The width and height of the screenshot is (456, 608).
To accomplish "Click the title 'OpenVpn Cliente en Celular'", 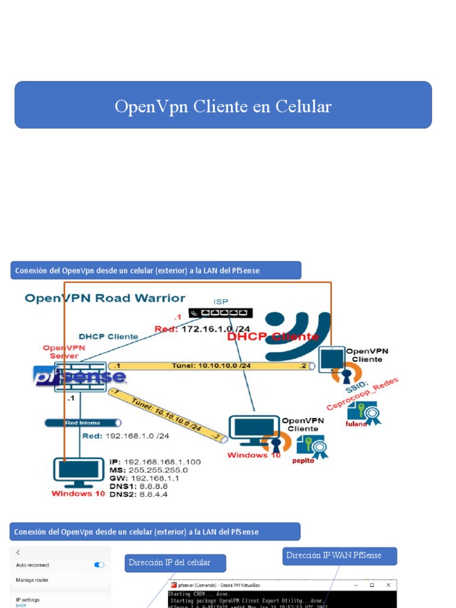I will click(223, 106).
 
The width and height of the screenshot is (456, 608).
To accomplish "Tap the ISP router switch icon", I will click(220, 313).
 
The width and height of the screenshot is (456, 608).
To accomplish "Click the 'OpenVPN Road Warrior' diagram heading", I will click(105, 298).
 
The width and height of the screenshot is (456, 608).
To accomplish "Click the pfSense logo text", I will click(80, 376).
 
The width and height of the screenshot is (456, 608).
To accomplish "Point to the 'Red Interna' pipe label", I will click(83, 423).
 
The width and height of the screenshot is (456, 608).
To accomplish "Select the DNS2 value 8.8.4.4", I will click(153, 493).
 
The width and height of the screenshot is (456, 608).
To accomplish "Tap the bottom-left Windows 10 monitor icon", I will click(78, 473).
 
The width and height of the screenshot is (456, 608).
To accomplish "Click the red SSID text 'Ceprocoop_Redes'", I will click(363, 394).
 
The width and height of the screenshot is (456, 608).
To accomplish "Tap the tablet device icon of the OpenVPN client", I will click(331, 360).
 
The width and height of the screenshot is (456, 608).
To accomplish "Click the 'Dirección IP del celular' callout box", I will click(169, 562).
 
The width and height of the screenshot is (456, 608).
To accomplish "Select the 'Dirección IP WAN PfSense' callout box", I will click(334, 556).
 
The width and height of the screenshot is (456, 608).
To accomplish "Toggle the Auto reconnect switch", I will click(99, 565).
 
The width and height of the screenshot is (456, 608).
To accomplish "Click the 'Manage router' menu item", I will click(33, 580).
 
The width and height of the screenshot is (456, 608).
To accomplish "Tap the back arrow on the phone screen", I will click(18, 552).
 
